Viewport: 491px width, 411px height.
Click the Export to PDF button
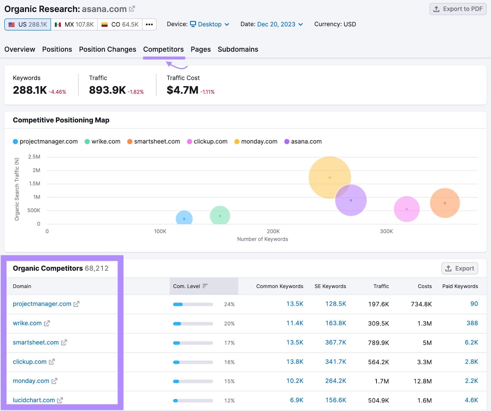click(x=458, y=9)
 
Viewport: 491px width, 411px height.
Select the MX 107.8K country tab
click(x=74, y=25)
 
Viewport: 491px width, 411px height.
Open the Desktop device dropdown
click(x=210, y=24)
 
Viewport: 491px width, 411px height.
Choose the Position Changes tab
click(x=107, y=49)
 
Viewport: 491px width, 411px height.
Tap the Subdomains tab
click(x=238, y=49)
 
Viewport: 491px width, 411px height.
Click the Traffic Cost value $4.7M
click(x=182, y=90)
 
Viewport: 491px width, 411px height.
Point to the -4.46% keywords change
click(x=57, y=92)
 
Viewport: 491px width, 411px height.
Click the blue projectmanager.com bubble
click(x=184, y=218)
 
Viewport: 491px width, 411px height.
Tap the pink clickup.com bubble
click(x=407, y=209)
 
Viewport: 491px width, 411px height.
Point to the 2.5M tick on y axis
click(x=34, y=157)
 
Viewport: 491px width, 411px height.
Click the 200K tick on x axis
click(x=273, y=231)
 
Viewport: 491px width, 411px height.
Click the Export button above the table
click(x=459, y=268)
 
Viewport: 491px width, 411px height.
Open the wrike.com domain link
click(x=27, y=323)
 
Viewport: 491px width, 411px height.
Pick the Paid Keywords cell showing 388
click(x=472, y=323)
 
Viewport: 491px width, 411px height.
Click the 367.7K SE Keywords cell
click(x=335, y=342)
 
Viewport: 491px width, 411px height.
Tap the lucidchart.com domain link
click(x=34, y=400)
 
